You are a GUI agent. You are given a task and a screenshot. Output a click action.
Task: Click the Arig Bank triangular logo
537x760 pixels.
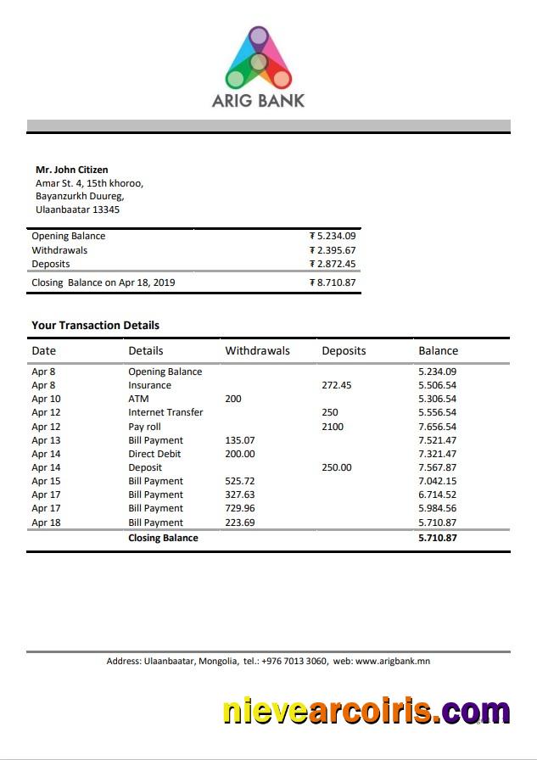point(258,58)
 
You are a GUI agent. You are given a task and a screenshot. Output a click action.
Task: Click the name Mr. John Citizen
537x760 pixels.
point(71,170)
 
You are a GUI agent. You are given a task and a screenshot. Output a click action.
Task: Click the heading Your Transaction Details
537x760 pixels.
point(95,325)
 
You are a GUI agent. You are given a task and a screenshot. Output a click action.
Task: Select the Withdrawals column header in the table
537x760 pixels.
point(257,350)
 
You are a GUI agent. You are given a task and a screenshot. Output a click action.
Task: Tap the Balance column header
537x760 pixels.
point(438,350)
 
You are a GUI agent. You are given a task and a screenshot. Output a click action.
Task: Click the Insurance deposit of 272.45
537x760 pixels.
point(336,385)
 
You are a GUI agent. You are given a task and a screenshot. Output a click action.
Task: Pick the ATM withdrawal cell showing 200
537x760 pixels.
point(232,399)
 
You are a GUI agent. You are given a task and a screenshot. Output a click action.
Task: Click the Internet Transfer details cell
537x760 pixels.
point(165,412)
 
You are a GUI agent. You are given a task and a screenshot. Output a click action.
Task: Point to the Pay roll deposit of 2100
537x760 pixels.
point(333,427)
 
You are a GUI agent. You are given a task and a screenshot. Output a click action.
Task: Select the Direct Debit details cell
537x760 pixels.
point(154,454)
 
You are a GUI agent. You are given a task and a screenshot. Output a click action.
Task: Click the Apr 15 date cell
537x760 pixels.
point(46,481)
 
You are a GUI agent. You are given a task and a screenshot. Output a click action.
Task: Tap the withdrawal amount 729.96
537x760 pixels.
point(239,508)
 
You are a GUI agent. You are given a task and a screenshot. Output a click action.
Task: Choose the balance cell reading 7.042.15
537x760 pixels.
point(437,481)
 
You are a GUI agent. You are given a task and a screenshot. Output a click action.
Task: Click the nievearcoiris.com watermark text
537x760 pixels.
point(366,711)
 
